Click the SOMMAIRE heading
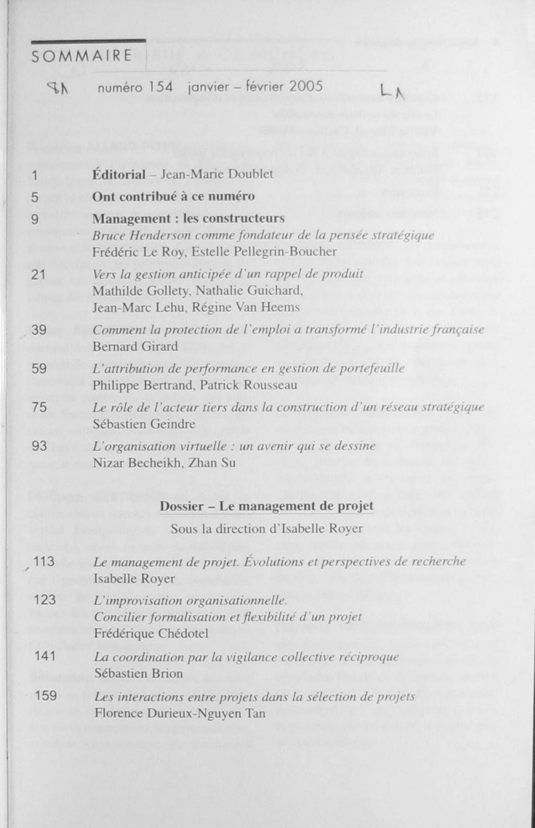[x=82, y=56]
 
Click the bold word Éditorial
[x=119, y=174]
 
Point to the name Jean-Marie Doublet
[x=217, y=174]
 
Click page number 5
[x=35, y=198]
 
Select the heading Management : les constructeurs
[x=188, y=219]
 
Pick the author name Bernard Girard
[x=135, y=346]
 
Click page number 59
[x=39, y=368]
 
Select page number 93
[x=39, y=446]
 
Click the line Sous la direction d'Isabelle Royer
[x=267, y=529]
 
